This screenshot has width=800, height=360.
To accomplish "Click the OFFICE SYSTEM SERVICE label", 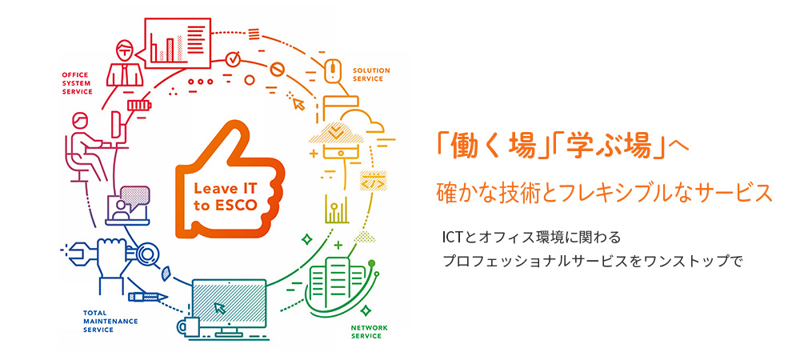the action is tap(77, 83).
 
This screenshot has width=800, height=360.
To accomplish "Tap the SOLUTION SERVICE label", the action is tap(371, 74).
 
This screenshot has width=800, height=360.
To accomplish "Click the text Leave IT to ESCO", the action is tap(222, 196).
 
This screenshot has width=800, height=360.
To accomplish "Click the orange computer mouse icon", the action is tap(332, 70).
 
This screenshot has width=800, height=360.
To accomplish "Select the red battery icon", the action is tap(139, 105).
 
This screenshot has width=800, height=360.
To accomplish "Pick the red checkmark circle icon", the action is tap(233, 58).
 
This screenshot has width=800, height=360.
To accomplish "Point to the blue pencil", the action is tap(148, 297).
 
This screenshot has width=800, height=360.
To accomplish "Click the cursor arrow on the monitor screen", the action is tap(220, 307).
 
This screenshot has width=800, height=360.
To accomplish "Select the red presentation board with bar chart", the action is tap(178, 43).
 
